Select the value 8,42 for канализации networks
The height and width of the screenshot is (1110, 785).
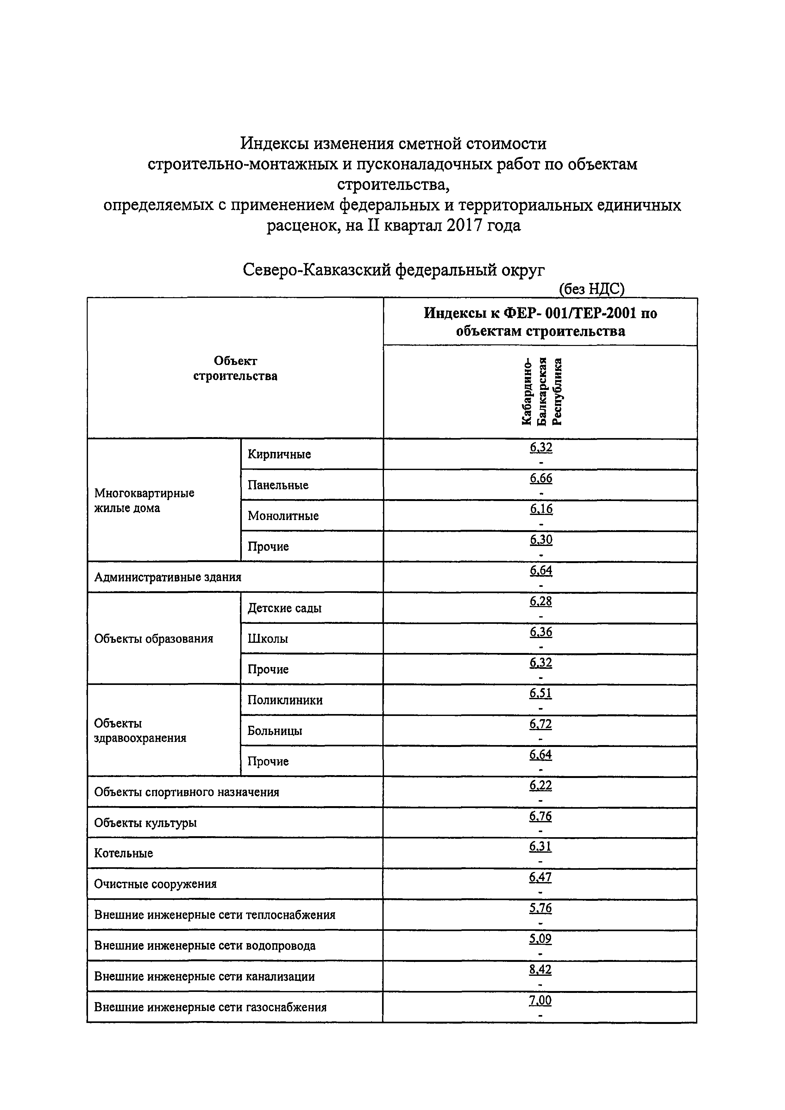(540, 969)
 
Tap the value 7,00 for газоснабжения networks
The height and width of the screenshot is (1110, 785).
(540, 1000)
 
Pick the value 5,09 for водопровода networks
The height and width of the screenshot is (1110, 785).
(540, 938)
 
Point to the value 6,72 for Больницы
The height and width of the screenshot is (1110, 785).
(540, 724)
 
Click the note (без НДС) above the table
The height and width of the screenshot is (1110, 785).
(591, 289)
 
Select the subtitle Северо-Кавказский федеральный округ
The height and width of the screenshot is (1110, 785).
(393, 269)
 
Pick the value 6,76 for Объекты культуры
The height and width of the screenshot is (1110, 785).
(540, 816)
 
